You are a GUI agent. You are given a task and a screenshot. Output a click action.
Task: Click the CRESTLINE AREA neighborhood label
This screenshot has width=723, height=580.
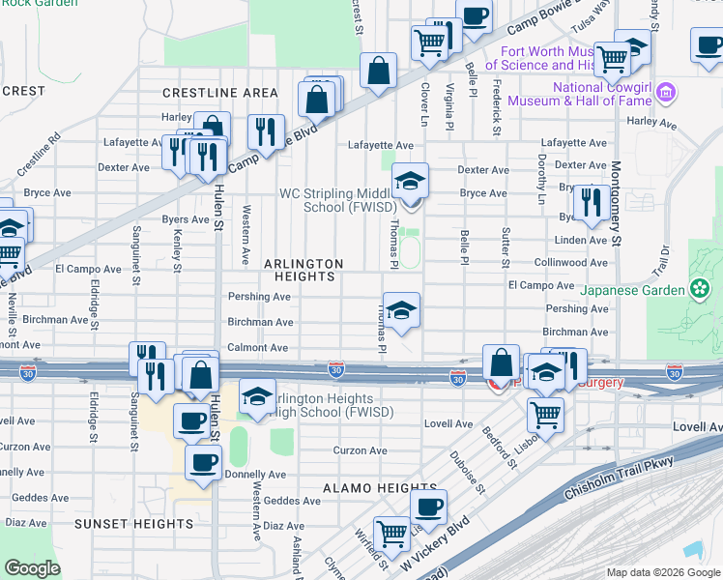[220, 92]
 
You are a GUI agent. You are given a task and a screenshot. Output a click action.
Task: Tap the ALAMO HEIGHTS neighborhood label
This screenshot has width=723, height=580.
[380, 488]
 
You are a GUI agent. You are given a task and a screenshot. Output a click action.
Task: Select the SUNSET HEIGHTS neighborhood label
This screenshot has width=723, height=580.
[137, 524]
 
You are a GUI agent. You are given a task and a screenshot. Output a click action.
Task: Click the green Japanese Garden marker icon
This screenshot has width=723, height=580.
[698, 288]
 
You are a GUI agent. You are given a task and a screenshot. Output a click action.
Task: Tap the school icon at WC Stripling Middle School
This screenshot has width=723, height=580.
[410, 181]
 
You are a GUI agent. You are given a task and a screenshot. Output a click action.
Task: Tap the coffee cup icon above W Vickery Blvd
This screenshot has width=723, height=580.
[428, 506]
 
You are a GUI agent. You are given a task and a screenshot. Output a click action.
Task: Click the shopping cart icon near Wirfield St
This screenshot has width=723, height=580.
[391, 533]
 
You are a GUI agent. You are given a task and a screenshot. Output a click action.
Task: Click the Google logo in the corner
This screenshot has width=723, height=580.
[32, 568]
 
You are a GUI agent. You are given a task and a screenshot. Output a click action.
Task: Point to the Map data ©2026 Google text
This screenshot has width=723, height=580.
[663, 572]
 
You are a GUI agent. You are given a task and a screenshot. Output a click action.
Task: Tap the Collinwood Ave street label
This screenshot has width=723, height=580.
[572, 262]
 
